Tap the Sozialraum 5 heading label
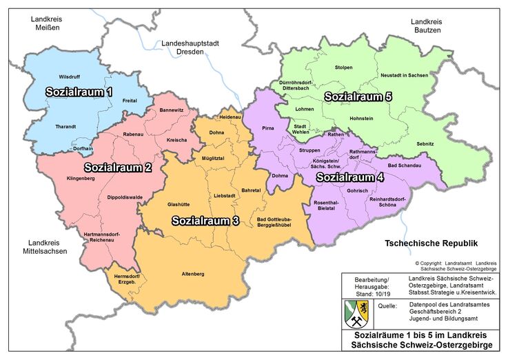point(358,97)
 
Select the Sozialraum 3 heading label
point(205,221)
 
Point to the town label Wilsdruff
point(70,76)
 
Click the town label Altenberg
point(192,274)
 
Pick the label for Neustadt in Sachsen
point(404,74)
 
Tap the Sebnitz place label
point(425,142)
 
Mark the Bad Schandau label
point(403,166)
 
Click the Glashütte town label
point(179,203)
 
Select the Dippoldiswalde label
point(125,197)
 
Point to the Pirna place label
point(269,129)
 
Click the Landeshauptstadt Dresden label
point(190,48)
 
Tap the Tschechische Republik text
point(431,243)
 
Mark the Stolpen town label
point(343,68)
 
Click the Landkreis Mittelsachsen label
point(48,247)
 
